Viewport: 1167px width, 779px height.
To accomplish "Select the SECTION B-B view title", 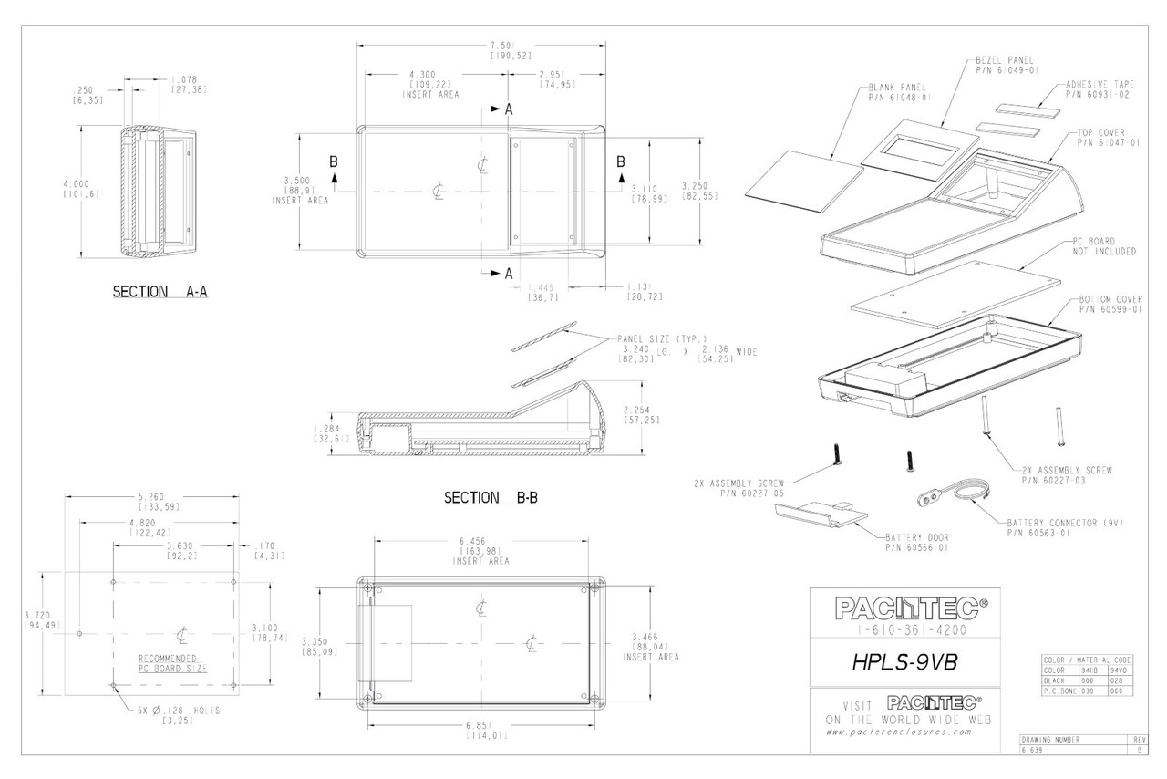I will tap(490, 498).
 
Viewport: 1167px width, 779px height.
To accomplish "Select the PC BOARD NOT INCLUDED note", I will tap(1104, 246).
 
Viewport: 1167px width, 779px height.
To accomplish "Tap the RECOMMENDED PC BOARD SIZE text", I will tap(172, 662).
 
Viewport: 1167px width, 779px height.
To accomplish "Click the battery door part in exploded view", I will tap(819, 515).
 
